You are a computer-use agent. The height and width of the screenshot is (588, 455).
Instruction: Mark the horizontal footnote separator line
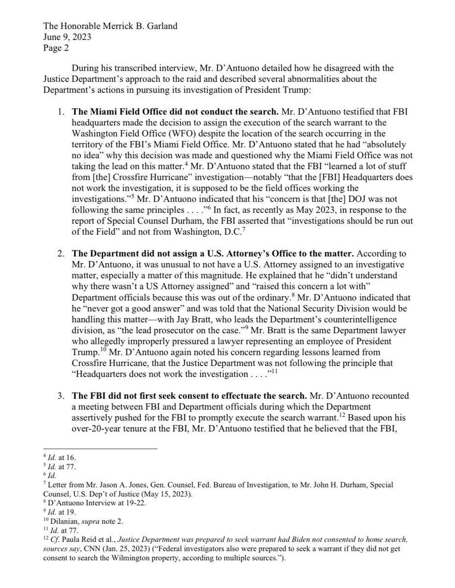pos(100,448)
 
